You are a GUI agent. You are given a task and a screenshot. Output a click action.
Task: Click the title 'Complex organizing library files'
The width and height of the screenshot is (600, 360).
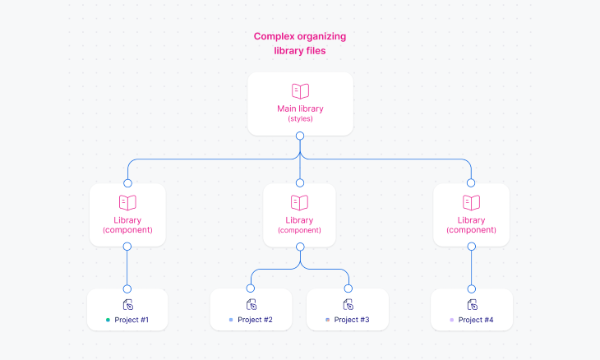[x=300, y=44]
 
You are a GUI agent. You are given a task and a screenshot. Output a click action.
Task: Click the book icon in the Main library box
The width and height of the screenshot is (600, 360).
[x=300, y=91]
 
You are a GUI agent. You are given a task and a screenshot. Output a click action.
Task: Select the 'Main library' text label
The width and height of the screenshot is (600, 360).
[x=300, y=108]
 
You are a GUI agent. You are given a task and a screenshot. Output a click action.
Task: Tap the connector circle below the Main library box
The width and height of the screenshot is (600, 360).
[x=300, y=136]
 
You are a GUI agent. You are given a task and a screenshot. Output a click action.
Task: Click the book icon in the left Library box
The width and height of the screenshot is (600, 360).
[x=127, y=202]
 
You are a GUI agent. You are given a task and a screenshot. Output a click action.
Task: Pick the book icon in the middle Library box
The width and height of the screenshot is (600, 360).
[x=299, y=202]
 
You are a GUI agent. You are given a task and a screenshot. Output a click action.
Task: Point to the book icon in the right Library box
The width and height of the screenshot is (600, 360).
[x=471, y=202]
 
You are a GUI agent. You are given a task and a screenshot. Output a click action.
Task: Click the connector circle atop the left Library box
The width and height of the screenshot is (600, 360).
[x=127, y=183]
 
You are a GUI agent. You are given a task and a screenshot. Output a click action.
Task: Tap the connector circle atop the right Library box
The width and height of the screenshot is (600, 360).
[x=471, y=183]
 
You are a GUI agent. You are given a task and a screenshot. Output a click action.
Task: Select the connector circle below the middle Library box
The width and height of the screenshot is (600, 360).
[x=299, y=247]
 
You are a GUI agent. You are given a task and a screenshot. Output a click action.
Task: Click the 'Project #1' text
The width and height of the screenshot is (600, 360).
[x=132, y=320]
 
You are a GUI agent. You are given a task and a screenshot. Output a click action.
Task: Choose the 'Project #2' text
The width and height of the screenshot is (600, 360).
[x=255, y=320]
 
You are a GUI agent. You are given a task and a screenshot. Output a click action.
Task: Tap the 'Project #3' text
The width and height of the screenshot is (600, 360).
[x=352, y=320]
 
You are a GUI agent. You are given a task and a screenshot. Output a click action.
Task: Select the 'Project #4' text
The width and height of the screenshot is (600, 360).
[x=476, y=320]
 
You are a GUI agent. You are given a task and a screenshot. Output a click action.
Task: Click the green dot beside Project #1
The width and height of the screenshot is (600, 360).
[x=107, y=320]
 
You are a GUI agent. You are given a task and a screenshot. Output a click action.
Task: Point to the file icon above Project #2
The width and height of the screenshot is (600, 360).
[x=251, y=304]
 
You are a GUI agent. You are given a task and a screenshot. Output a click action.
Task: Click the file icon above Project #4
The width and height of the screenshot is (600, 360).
[x=472, y=304]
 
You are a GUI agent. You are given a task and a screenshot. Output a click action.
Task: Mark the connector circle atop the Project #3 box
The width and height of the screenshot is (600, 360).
[x=348, y=288]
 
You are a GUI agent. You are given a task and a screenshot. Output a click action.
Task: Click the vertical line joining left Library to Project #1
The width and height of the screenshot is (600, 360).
[x=127, y=267]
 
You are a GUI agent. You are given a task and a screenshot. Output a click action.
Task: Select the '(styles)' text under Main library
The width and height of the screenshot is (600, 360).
[x=300, y=119]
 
